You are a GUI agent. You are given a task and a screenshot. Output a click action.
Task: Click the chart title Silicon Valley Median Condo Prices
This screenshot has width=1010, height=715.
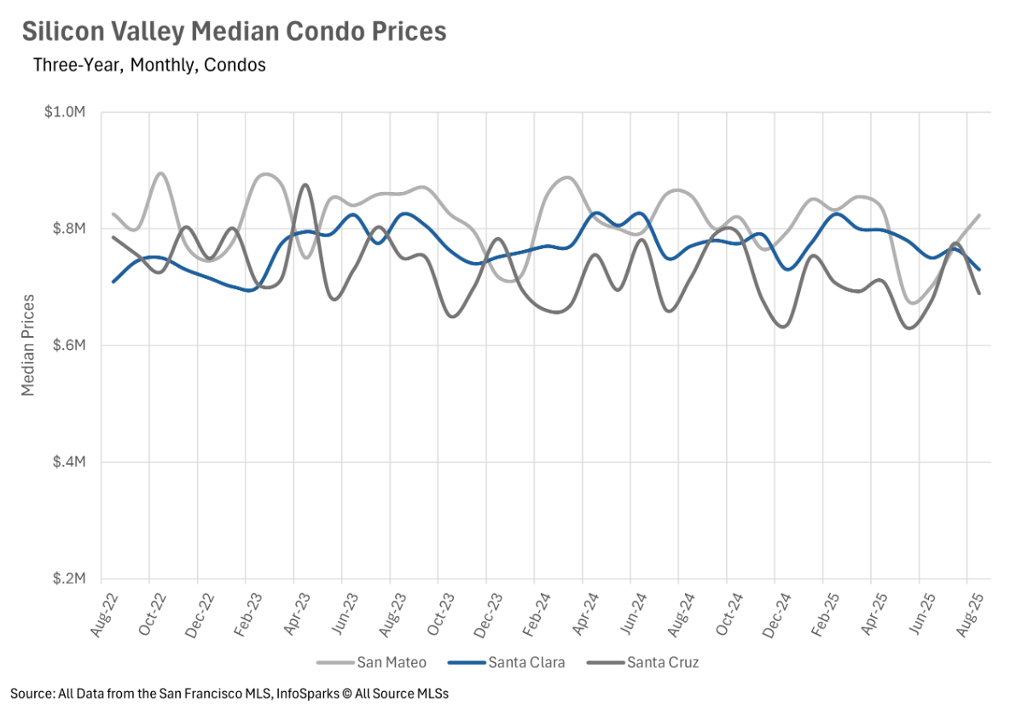pos(234,32)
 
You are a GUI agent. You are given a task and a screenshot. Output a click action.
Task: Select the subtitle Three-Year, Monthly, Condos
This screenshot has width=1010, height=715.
pos(149,65)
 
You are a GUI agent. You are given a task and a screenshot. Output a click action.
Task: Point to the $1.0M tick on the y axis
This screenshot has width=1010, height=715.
pos(67,113)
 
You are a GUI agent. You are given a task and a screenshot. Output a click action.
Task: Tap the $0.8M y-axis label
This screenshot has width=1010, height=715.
pos(67,229)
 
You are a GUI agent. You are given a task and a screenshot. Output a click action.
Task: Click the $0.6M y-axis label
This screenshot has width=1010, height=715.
pos(67,346)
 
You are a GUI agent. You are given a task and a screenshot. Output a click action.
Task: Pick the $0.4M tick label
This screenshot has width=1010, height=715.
pos(67,462)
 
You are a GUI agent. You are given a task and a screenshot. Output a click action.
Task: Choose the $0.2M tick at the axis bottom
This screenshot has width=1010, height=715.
pos(67,578)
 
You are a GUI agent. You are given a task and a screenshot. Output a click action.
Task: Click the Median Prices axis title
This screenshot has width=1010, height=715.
pos(28,345)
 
